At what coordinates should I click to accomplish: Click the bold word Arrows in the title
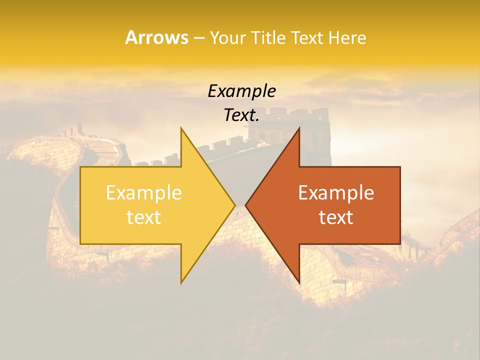click(x=156, y=37)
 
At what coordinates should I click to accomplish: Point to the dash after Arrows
click(x=198, y=38)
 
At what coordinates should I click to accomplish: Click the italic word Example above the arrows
click(x=241, y=91)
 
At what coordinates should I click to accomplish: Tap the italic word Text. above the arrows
click(x=241, y=115)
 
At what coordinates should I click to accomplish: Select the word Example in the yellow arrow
click(x=144, y=193)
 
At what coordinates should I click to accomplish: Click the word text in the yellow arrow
click(x=144, y=217)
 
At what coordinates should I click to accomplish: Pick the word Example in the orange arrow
click(x=336, y=193)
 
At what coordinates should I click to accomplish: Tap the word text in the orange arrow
click(x=336, y=217)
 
